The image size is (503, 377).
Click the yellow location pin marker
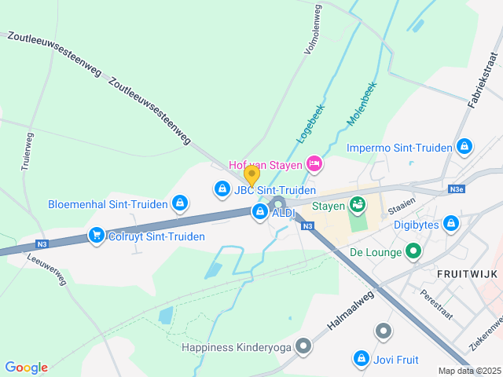click(x=251, y=174)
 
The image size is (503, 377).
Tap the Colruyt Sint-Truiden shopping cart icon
click(x=97, y=235)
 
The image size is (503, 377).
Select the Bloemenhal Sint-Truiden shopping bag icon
click(x=180, y=203)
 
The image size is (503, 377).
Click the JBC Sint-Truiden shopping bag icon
click(x=222, y=189)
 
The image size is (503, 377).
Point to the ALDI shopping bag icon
click(x=260, y=211)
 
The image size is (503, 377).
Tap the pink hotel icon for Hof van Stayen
click(x=314, y=163)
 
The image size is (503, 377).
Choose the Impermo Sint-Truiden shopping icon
click(x=464, y=147)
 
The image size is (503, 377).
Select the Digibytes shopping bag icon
click(x=451, y=224)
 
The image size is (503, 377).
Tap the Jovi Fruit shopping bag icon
click(x=361, y=359)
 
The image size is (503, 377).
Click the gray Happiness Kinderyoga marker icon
click(x=383, y=332)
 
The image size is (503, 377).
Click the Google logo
click(x=26, y=368)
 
